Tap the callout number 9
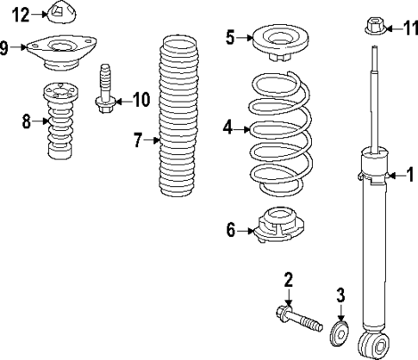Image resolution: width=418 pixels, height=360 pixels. coord(5,47)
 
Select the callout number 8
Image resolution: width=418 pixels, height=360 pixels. coord(27,122)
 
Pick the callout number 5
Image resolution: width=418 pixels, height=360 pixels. coord(230,37)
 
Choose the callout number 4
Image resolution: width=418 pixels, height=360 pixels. coord(228,128)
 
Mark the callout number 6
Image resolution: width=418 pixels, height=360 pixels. coord(230,230)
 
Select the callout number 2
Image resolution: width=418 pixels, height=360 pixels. coord(289,278)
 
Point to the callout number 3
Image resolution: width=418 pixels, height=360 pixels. coord(340,295)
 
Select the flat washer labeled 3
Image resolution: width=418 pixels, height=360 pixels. coord(340,331)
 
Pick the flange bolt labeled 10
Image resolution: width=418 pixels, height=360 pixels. coord(104,89)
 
